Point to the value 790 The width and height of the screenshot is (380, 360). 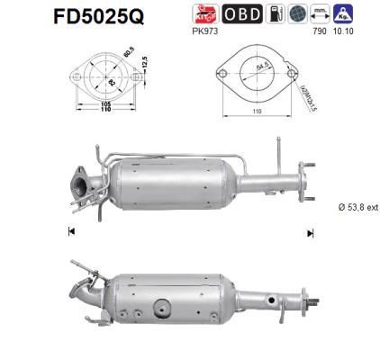[x=317, y=31]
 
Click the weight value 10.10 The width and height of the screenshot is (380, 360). [x=343, y=31]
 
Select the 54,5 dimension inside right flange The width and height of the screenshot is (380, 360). [x=237, y=67]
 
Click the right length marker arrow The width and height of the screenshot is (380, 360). [x=309, y=232]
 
